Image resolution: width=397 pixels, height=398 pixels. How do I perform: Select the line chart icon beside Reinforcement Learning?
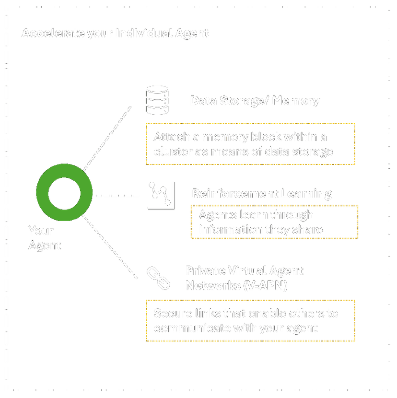(x=159, y=195)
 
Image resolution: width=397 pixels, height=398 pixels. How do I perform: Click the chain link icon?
(x=158, y=278)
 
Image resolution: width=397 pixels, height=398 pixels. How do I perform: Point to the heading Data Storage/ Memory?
(x=254, y=101)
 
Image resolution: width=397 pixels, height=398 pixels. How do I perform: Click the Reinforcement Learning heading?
(x=261, y=194)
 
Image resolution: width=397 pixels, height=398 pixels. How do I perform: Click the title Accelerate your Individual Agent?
(x=116, y=34)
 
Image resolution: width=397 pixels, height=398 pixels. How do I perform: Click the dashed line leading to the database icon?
(x=107, y=139)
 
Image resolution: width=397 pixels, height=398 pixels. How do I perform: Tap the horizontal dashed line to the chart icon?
(x=115, y=196)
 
